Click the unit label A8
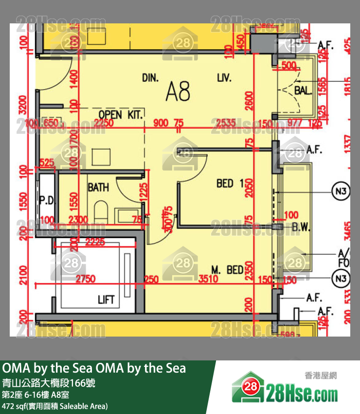pyautogui.click(x=178, y=91)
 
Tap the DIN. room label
pyautogui.click(x=151, y=78)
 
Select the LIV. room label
pyautogui.click(x=224, y=78)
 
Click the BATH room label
pyautogui.click(x=98, y=187)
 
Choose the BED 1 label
pyautogui.click(x=230, y=183)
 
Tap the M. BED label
pyautogui.click(x=227, y=269)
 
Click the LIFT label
pyautogui.click(x=106, y=300)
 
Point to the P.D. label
pyautogui.click(x=46, y=200)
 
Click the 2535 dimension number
pyautogui.click(x=226, y=123)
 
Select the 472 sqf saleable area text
pyautogui.click(x=54, y=406)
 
